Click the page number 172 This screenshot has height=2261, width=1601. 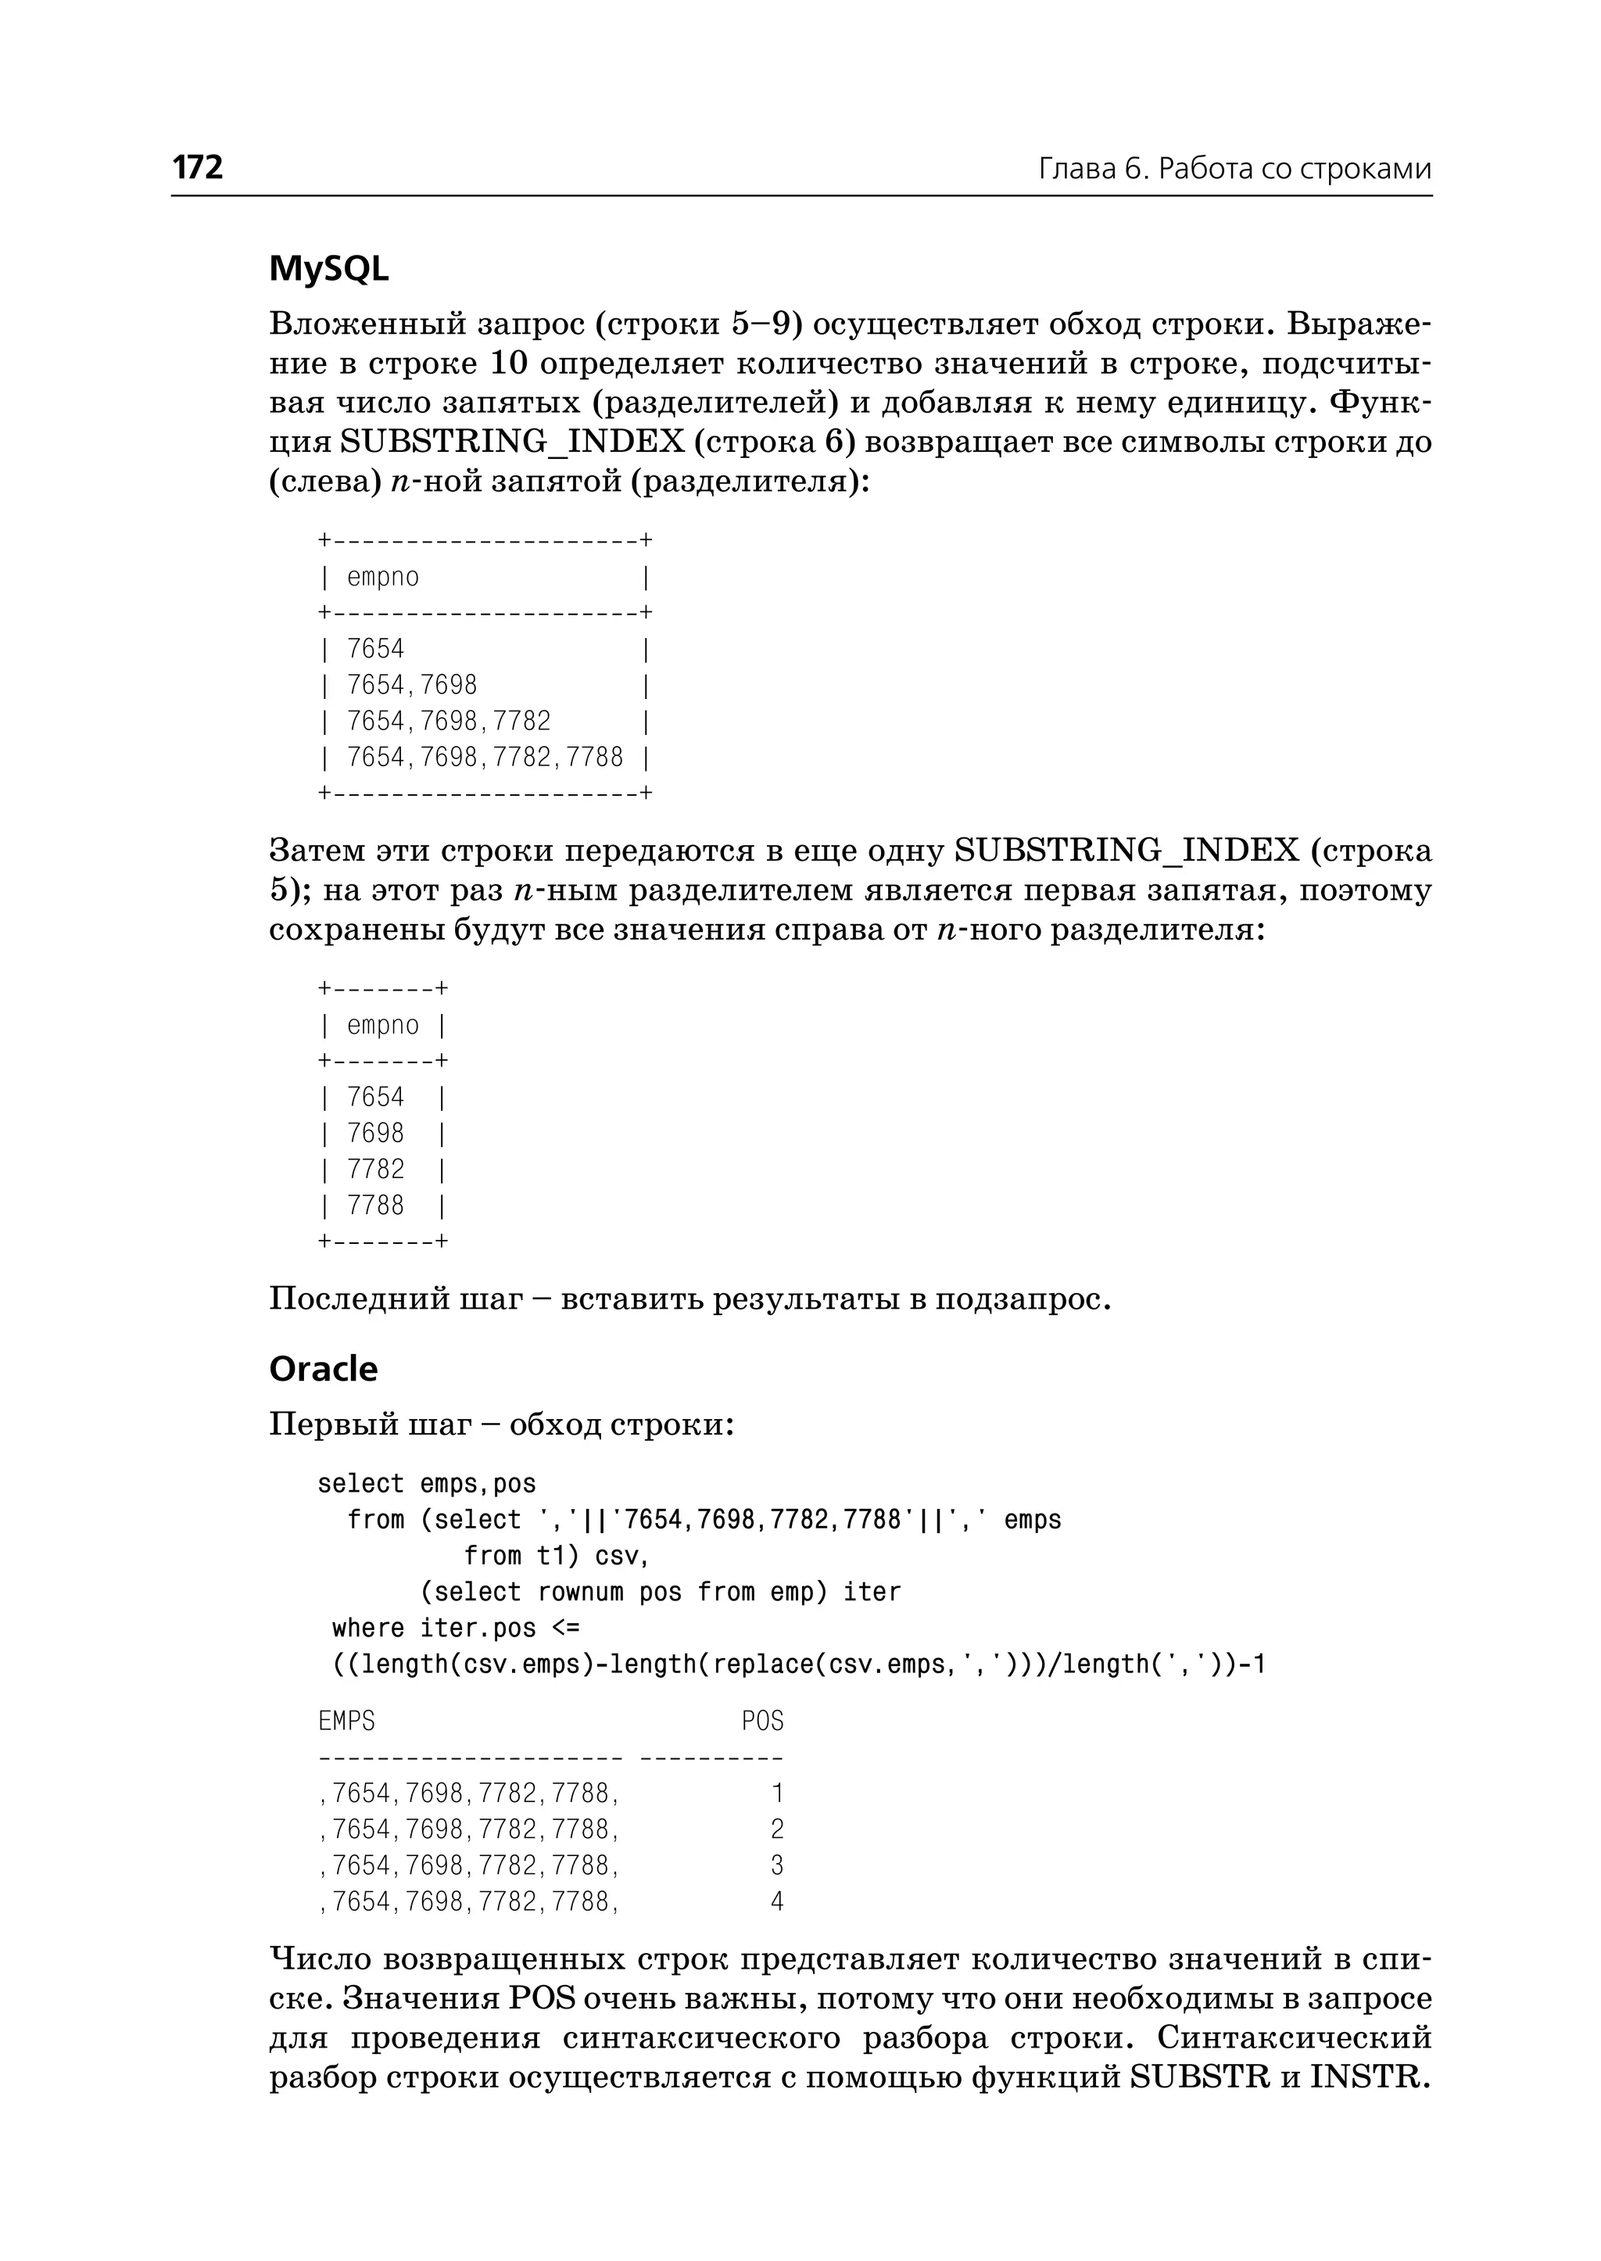pos(198,167)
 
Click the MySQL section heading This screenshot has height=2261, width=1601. pos(328,268)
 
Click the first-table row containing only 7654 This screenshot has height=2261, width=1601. pos(375,649)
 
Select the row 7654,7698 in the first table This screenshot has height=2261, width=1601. pos(412,686)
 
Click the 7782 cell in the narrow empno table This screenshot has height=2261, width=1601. pos(375,1170)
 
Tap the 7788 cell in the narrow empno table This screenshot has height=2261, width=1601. pos(375,1205)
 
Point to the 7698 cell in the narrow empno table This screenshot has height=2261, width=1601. pos(375,1133)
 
